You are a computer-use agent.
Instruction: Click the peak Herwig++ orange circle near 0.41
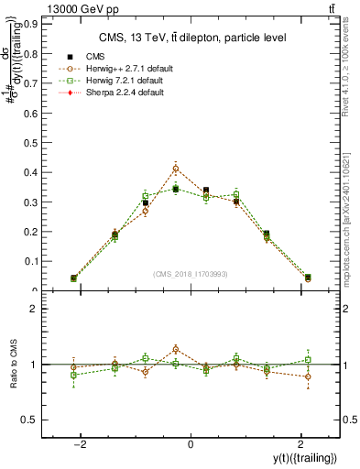coord(176,169)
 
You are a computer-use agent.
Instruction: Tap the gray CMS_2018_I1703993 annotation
coord(191,273)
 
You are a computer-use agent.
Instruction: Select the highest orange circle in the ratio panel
coord(176,349)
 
